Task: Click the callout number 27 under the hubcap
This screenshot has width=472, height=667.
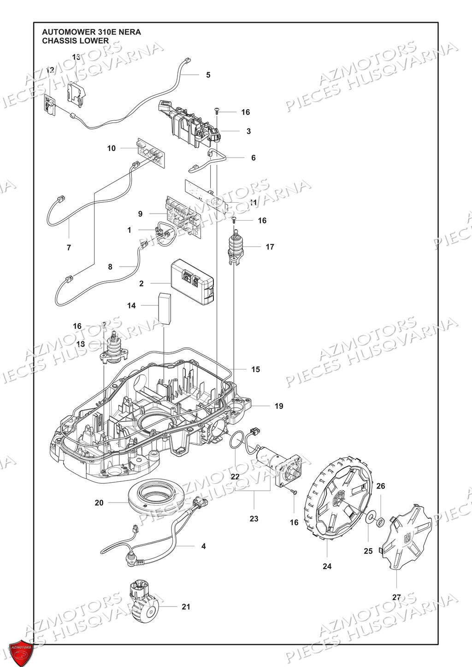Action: click(396, 597)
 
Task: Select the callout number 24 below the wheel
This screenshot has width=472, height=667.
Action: click(327, 567)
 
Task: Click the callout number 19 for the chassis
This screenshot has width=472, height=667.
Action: click(279, 406)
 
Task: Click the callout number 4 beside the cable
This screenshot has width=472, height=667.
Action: click(203, 546)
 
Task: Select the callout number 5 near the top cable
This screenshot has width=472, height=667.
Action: click(208, 75)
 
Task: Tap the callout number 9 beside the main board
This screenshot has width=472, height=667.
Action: click(140, 214)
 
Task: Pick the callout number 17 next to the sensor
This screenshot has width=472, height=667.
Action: click(270, 247)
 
